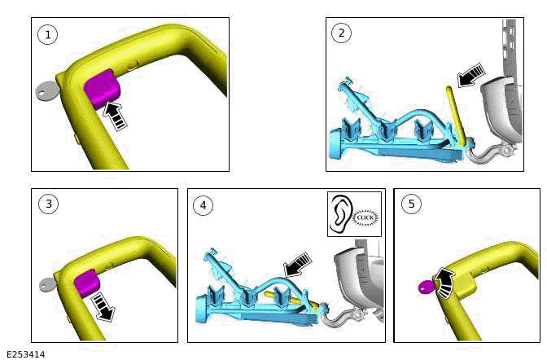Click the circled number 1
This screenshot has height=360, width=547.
(48, 34)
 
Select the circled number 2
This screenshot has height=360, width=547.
(341, 33)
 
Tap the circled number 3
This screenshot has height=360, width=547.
(49, 204)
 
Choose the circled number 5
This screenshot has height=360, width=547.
(411, 204)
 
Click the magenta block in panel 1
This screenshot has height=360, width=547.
(102, 89)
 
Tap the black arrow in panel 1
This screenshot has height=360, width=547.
(115, 115)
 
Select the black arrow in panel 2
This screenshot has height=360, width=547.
(471, 75)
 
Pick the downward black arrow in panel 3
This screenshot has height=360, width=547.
(103, 306)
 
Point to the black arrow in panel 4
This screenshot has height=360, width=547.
(297, 265)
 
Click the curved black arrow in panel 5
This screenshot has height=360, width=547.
(445, 283)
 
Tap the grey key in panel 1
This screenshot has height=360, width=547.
(46, 90)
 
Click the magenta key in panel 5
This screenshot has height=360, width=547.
(427, 288)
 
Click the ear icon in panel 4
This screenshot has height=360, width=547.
(340, 213)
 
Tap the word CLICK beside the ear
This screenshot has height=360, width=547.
(365, 217)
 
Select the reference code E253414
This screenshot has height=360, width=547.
(26, 354)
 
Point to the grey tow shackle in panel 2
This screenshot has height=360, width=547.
(490, 154)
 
